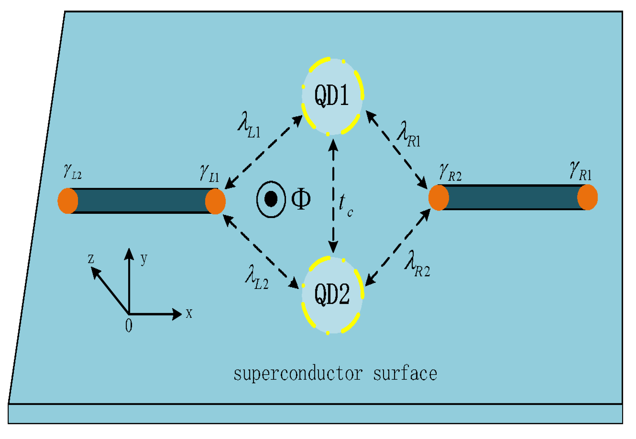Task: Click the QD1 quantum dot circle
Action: [x=332, y=96]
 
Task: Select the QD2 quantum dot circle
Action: [x=332, y=295]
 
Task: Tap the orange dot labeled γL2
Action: [x=68, y=201]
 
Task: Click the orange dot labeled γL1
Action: [x=215, y=201]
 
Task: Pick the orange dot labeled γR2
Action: [x=439, y=197]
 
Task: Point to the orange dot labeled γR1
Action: [x=587, y=197]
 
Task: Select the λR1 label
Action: [x=409, y=135]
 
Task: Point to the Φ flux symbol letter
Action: [x=300, y=199]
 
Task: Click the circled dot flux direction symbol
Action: [x=271, y=199]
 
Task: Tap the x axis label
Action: [x=189, y=313]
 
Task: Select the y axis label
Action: [x=144, y=258]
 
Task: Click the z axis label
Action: [x=91, y=258]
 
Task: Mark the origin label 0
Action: [x=129, y=326]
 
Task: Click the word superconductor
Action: [x=298, y=374]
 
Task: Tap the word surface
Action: [x=405, y=374]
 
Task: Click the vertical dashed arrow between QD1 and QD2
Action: [x=333, y=196]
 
